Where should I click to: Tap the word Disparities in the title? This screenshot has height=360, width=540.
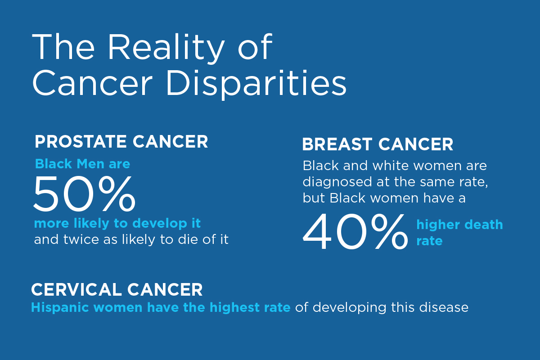click(256, 84)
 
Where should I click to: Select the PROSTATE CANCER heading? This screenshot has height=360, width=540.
click(121, 142)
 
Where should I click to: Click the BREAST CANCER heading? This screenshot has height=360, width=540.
click(378, 144)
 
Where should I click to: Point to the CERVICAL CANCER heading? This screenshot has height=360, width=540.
click(117, 290)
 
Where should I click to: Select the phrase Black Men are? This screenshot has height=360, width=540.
click(83, 164)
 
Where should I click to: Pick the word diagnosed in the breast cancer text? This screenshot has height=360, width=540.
click(337, 182)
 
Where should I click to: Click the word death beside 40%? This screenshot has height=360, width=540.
click(485, 225)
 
